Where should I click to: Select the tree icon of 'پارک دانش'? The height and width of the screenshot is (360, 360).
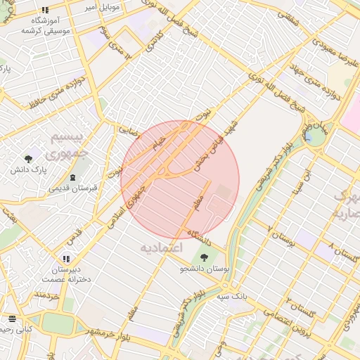[28, 159]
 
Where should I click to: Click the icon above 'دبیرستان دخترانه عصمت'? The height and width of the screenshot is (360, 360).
[66, 259]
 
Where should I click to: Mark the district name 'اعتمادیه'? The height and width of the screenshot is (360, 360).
[161, 248]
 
